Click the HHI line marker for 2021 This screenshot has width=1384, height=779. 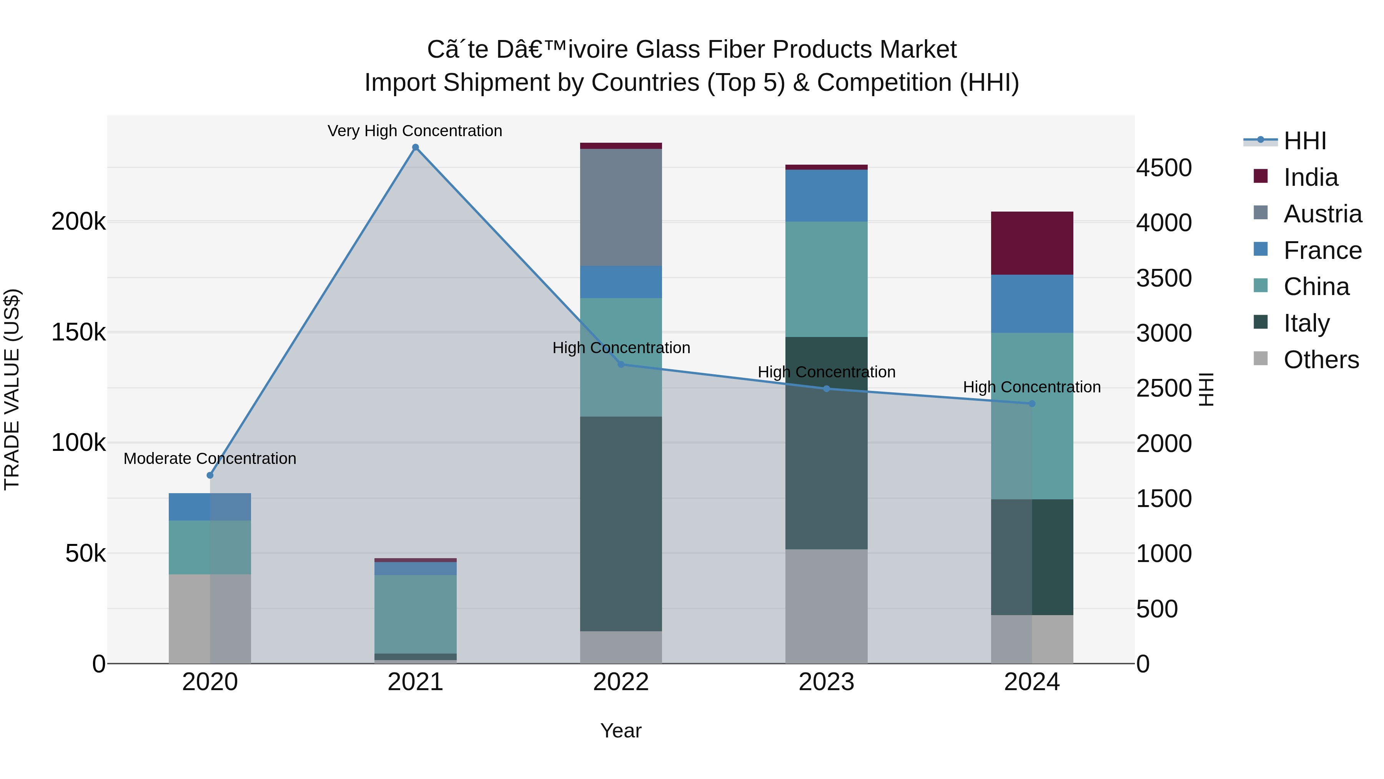pyautogui.click(x=415, y=147)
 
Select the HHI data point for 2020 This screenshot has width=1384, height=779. pyautogui.click(x=210, y=475)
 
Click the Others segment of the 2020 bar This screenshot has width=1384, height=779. pyautogui.click(x=210, y=618)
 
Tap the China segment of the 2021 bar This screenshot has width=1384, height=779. pyautogui.click(x=415, y=614)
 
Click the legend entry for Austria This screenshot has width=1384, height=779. pyautogui.click(x=1322, y=214)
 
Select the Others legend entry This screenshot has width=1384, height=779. pyautogui.click(x=1321, y=360)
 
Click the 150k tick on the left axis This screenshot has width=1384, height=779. pyautogui.click(x=78, y=332)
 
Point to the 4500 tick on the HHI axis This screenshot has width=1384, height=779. pyautogui.click(x=1164, y=168)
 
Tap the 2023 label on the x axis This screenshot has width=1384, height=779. pyautogui.click(x=826, y=682)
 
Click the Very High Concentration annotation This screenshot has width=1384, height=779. pyautogui.click(x=415, y=131)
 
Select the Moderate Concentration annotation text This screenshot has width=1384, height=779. pyautogui.click(x=210, y=459)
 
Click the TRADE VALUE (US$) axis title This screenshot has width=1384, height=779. pyautogui.click(x=12, y=389)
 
